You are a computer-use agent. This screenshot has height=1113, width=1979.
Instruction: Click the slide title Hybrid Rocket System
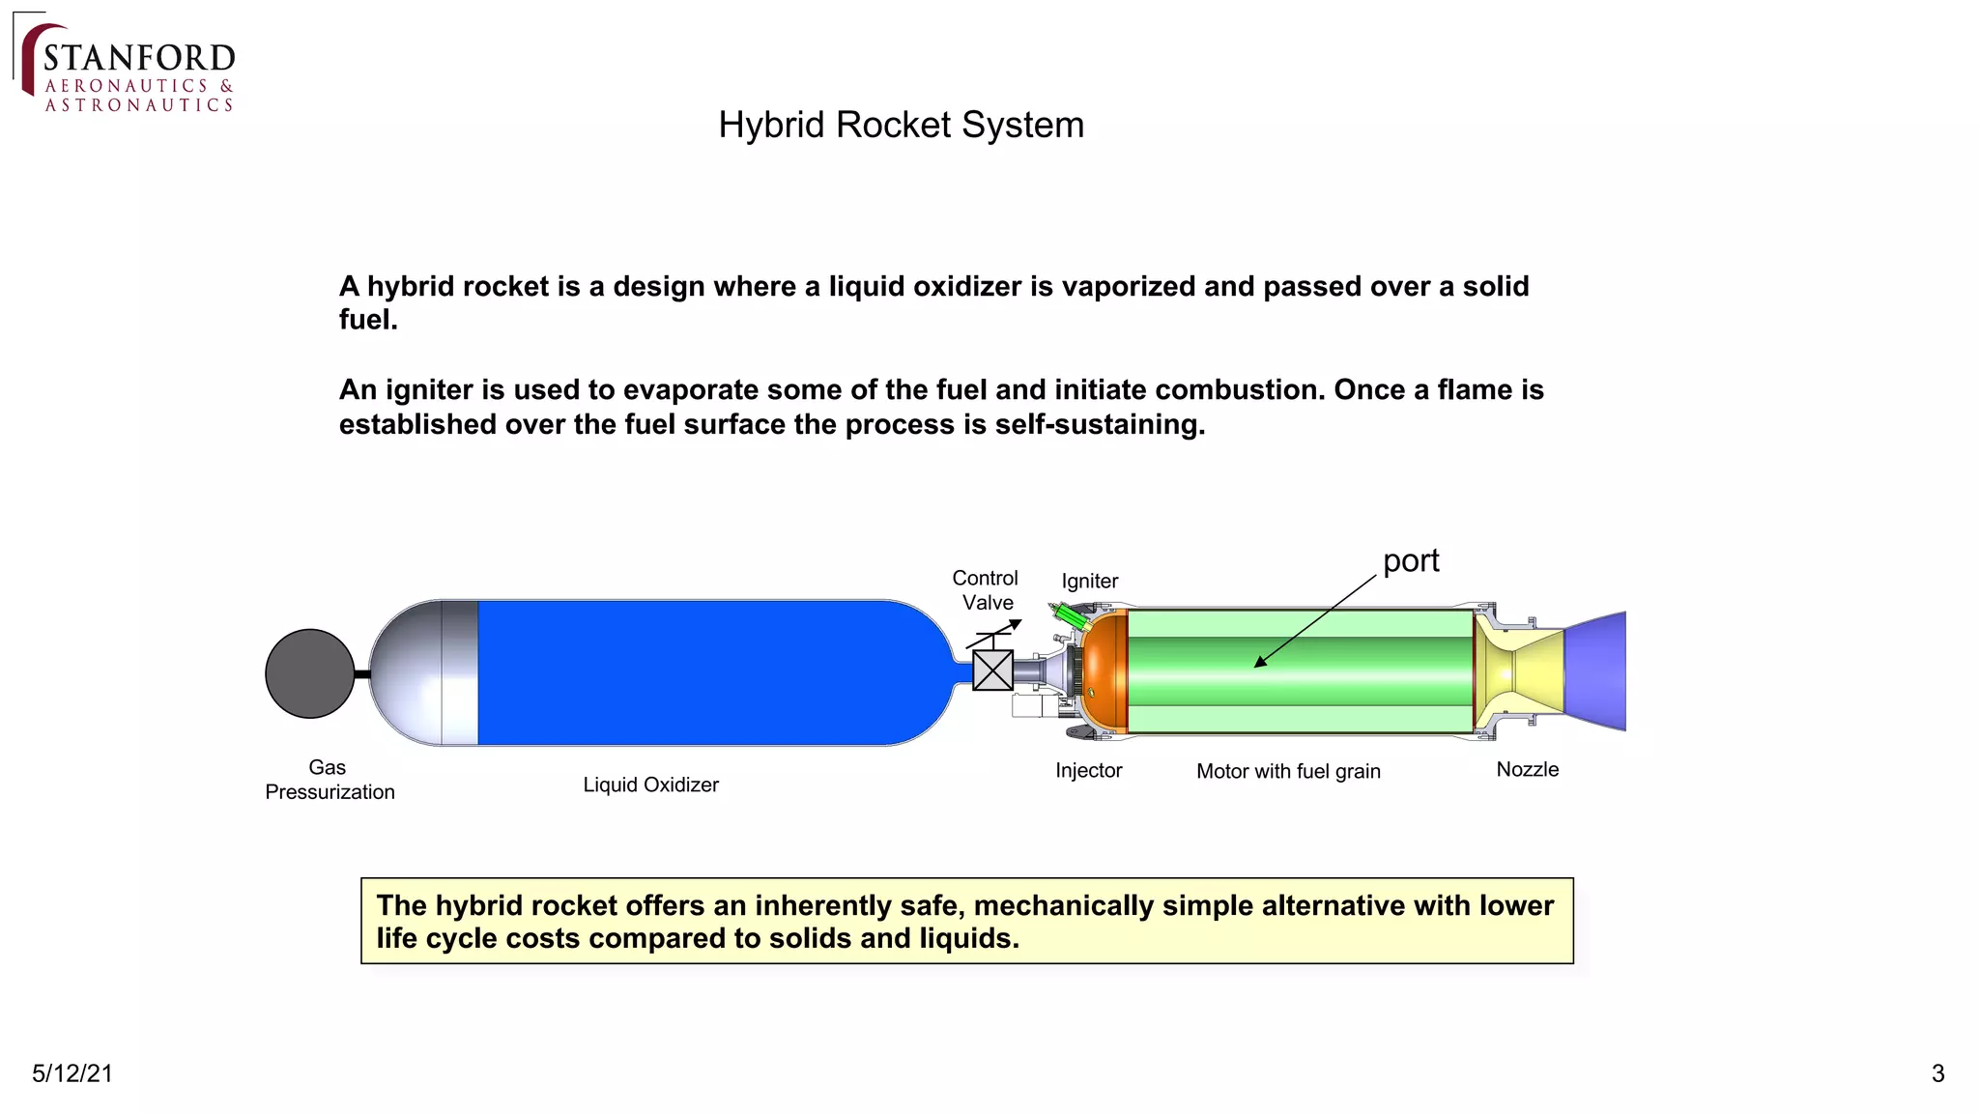point(901,126)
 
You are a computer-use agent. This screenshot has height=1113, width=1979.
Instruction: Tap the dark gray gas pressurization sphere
point(309,673)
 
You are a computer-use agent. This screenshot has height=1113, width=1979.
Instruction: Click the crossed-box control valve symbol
point(992,671)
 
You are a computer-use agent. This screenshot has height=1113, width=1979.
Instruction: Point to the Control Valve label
point(986,590)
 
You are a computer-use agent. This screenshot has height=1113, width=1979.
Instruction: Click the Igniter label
point(1089,581)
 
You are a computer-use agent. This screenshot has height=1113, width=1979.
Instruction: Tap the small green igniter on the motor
point(1071,615)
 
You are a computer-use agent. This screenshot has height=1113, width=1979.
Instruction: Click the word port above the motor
point(1411,560)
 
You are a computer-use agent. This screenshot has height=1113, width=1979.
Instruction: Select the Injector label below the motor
point(1088,771)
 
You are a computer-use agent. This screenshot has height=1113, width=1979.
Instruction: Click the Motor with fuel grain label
point(1288,771)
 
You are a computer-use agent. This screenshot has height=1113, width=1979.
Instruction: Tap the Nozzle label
point(1527,770)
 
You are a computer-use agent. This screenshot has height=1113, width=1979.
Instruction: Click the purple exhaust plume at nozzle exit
point(1596,671)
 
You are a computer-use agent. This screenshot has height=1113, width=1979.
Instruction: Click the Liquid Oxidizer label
point(650,785)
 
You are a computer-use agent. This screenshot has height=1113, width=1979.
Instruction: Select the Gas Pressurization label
point(330,780)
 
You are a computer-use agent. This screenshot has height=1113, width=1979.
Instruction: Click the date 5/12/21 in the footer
point(72,1073)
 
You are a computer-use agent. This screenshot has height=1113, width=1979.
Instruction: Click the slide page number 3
point(1937,1073)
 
